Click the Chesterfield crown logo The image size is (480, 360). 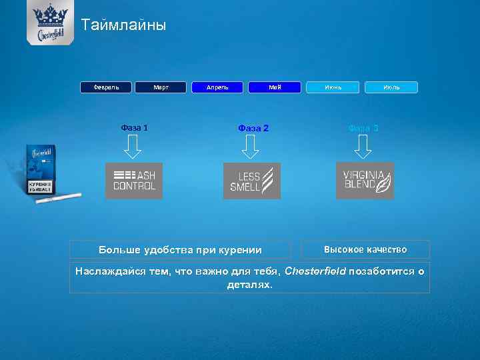pyautogui.click(x=50, y=21)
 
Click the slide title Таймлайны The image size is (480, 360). pyautogui.click(x=123, y=26)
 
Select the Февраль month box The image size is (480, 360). pyautogui.click(x=107, y=87)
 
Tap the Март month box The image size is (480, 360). pyautogui.click(x=161, y=87)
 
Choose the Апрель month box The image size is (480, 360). pyautogui.click(x=217, y=87)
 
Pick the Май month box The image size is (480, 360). pyautogui.click(x=275, y=87)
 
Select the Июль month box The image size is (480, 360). pyautogui.click(x=391, y=87)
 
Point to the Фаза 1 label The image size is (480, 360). pyautogui.click(x=135, y=127)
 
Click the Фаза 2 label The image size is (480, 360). pyautogui.click(x=253, y=128)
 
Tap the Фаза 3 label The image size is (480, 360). pyautogui.click(x=363, y=128)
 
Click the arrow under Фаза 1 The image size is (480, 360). pyautogui.click(x=134, y=147)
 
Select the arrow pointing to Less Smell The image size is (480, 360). pyautogui.click(x=250, y=147)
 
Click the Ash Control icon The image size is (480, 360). pyautogui.click(x=134, y=181)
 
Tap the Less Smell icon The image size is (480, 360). pyautogui.click(x=251, y=181)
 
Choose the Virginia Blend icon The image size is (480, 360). pyautogui.click(x=365, y=181)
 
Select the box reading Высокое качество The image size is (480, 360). pyautogui.click(x=365, y=249)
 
